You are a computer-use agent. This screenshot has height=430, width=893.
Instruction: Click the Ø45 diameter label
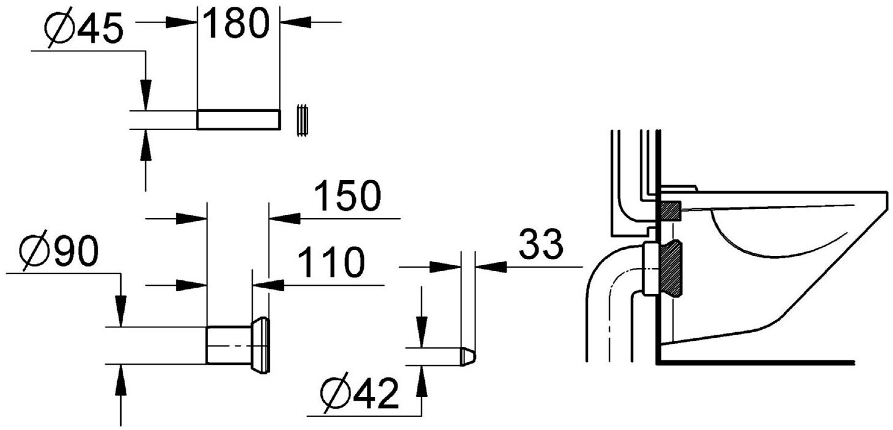click(x=84, y=29)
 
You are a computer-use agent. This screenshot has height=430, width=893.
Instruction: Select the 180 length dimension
click(x=236, y=24)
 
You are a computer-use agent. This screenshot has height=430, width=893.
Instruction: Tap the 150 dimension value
click(x=347, y=197)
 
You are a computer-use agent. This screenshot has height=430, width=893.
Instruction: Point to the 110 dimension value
click(x=330, y=262)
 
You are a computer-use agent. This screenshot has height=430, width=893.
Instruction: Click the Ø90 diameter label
click(x=59, y=251)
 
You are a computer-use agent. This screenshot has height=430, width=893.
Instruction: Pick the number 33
click(x=541, y=244)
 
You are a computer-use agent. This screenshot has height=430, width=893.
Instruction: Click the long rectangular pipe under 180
click(x=238, y=120)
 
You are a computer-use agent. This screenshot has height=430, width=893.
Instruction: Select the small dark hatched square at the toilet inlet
click(x=670, y=211)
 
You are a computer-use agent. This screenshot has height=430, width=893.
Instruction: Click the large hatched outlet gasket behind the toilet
click(x=672, y=268)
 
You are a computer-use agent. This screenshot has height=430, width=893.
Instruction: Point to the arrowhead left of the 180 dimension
click(x=184, y=22)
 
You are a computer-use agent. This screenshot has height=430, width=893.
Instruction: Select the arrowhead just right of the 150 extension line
click(x=284, y=217)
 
